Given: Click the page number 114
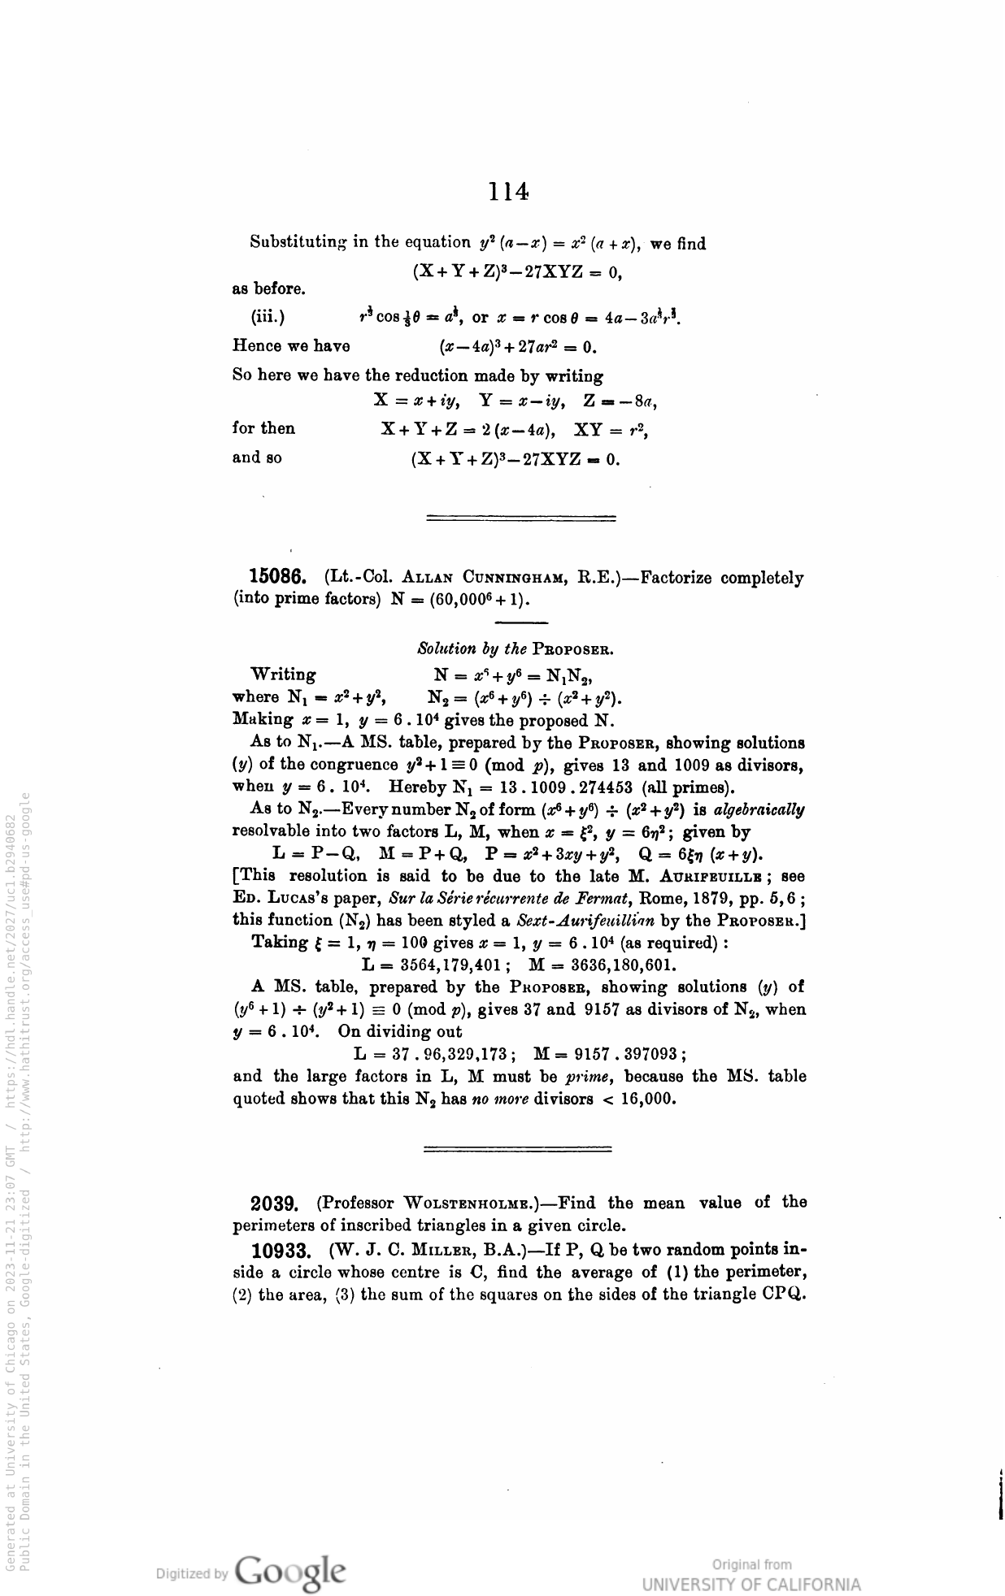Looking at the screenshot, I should coord(509,192).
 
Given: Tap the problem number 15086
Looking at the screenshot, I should coord(277,578).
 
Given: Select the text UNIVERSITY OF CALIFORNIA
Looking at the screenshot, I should coord(750,1585).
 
